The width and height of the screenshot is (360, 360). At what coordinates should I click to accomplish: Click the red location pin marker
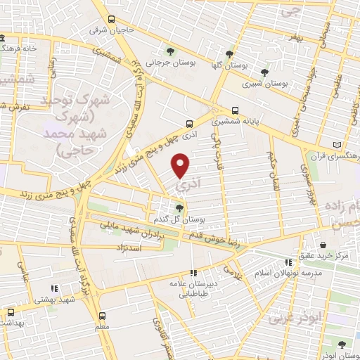pyautogui.click(x=181, y=165)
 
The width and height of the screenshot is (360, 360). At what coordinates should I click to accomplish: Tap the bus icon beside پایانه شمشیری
pyautogui.click(x=235, y=110)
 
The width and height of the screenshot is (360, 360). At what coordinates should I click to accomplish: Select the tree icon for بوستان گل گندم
pyautogui.click(x=179, y=207)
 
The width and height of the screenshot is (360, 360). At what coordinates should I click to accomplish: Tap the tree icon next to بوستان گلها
pyautogui.click(x=229, y=53)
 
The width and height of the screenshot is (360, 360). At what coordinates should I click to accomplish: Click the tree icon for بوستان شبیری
pyautogui.click(x=264, y=72)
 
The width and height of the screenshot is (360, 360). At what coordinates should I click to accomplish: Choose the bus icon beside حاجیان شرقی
pyautogui.click(x=111, y=20)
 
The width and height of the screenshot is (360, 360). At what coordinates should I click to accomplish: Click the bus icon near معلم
pyautogui.click(x=103, y=316)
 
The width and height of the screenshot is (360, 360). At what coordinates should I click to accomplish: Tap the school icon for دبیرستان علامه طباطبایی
pyautogui.click(x=193, y=274)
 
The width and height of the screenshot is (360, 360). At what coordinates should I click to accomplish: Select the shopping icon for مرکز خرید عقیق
pyautogui.click(x=322, y=245)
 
